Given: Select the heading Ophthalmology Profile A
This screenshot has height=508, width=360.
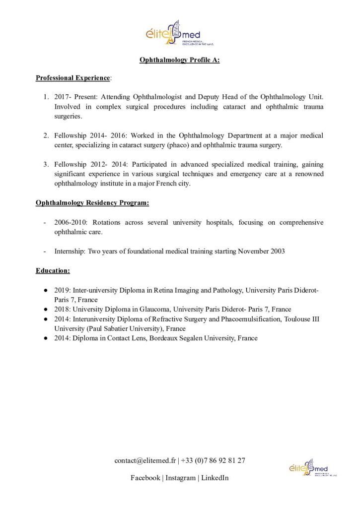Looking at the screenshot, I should coord(180,61).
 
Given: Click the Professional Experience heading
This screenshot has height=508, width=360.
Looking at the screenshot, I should coord(72,78).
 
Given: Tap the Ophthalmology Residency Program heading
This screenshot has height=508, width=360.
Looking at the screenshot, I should coord(92,203).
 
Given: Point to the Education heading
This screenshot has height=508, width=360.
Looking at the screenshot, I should coord(53,271).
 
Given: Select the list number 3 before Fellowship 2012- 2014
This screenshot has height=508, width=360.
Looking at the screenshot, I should coord(46,164).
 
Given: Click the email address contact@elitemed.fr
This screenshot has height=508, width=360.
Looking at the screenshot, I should coord(145,460).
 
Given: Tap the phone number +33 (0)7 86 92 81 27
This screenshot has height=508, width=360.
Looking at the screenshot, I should coord(213,460).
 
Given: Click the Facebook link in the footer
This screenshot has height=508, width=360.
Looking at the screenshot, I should coord(145,478).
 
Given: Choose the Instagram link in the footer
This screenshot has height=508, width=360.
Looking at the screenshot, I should coord(180,478).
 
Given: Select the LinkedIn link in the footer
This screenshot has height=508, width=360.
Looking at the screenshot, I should coord(215,478).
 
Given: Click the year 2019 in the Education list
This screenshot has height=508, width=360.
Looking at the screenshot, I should coord(62,290).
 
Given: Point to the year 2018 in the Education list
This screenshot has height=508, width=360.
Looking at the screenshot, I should coord(62,309).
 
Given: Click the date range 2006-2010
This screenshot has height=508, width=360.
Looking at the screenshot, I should coord(70,223).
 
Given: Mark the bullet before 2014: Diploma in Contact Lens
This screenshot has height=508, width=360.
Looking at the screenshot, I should coord(45,338).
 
